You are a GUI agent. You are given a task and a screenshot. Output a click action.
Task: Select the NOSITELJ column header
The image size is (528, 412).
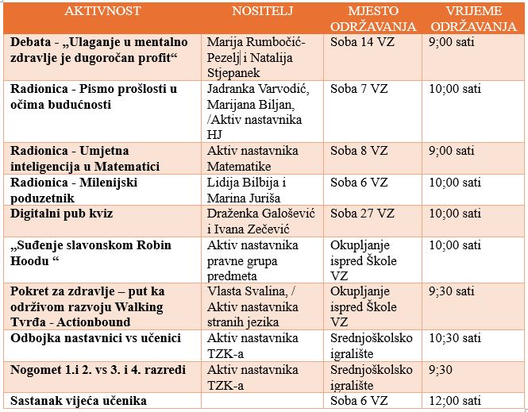(x=262, y=11)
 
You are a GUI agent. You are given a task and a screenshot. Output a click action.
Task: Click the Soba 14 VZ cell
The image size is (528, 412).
(x=362, y=42)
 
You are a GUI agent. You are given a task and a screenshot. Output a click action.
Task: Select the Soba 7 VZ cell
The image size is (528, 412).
(x=359, y=89)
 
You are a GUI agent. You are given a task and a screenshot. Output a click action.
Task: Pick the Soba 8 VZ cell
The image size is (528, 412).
(x=359, y=151)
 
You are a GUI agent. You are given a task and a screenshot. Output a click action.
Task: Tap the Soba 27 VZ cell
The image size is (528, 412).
(x=362, y=214)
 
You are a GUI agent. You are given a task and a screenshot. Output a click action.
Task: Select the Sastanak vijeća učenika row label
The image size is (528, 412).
(x=79, y=402)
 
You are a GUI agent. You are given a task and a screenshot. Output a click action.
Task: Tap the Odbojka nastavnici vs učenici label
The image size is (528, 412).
(x=95, y=338)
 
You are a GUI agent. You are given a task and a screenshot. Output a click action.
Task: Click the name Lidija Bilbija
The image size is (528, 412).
(x=242, y=183)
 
